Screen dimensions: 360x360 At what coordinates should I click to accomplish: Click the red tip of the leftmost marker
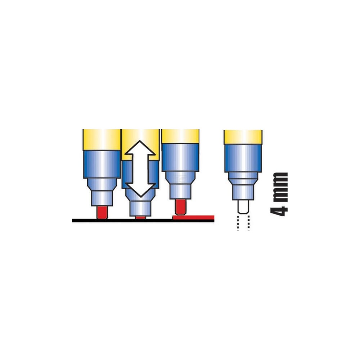pos(102,212)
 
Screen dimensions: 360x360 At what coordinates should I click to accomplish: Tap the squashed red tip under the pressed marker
pos(140,217)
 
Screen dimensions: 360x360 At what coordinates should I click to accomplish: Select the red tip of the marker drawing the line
pos(180,207)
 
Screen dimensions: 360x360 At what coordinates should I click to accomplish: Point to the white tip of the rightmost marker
pos(243,207)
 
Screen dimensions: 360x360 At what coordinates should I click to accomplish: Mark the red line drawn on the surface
pos(193,217)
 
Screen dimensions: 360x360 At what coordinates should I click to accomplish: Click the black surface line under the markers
pos(143,221)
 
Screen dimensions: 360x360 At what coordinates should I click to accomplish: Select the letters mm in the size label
pos(279,187)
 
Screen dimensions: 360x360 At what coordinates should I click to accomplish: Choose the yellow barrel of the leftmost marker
pos(102,140)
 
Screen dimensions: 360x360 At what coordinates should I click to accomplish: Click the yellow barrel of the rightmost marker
pos(243,137)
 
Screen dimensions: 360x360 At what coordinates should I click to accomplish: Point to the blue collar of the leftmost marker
pos(102,164)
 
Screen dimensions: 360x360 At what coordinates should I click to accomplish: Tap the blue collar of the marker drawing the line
pos(180,157)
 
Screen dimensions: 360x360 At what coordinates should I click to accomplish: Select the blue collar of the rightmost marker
pos(243,158)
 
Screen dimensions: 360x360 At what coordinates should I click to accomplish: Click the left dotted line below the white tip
pos(238,223)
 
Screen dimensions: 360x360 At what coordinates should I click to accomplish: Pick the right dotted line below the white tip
pos(249,223)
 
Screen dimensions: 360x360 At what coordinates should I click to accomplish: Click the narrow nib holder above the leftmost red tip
pos(102,198)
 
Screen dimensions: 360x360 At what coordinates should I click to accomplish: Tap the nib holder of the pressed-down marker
pos(140,208)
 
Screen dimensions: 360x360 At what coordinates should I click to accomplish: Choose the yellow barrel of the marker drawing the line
pos(180,136)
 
